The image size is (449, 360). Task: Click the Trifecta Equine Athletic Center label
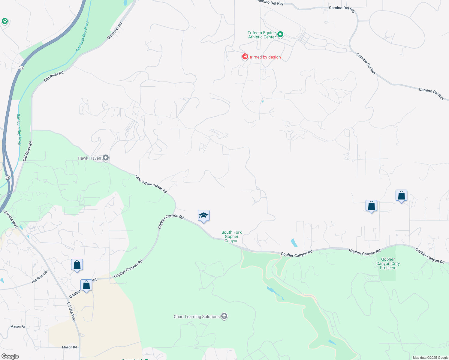pyautogui.click(x=262, y=35)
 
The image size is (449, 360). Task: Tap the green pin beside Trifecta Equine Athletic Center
pyautogui.click(x=280, y=34)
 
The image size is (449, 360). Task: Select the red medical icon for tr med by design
pyautogui.click(x=245, y=57)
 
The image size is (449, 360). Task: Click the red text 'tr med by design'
pyautogui.click(x=265, y=57)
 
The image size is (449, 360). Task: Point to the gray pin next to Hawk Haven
pyautogui.click(x=106, y=157)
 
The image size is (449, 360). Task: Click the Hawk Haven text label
pyautogui.click(x=89, y=158)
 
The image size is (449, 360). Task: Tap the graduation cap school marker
pyautogui.click(x=203, y=216)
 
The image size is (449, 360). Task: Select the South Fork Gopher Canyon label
pyautogui.click(x=231, y=236)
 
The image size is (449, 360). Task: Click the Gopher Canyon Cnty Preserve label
pyautogui.click(x=388, y=263)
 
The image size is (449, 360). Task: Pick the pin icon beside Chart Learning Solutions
pyautogui.click(x=224, y=316)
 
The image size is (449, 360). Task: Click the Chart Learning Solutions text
pyautogui.click(x=197, y=316)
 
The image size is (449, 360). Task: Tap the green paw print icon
pyautogui.click(x=5, y=21)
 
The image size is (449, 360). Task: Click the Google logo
pyautogui.click(x=10, y=356)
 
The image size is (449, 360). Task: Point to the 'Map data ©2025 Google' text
pyautogui.click(x=430, y=358)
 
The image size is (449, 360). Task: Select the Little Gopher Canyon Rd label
pyautogui.click(x=151, y=184)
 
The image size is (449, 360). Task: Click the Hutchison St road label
pyautogui.click(x=40, y=277)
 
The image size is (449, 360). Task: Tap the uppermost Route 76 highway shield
pyautogui.click(x=21, y=68)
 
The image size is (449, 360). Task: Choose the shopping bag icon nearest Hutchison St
pyautogui.click(x=77, y=265)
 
